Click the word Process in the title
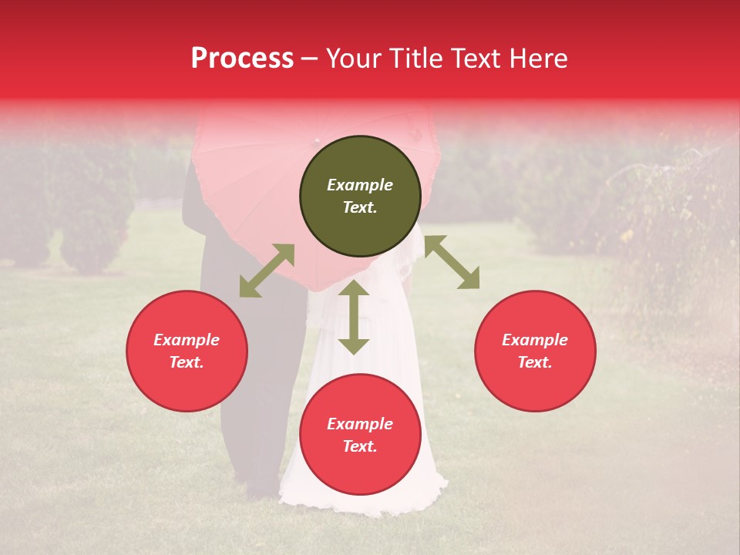(242, 59)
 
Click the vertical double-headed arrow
(354, 317)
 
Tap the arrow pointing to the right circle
(452, 263)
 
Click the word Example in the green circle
(360, 185)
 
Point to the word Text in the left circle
(187, 362)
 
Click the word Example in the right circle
(535, 340)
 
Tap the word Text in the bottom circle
(360, 447)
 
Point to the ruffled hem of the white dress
(362, 505)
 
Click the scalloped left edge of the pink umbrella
(197, 177)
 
